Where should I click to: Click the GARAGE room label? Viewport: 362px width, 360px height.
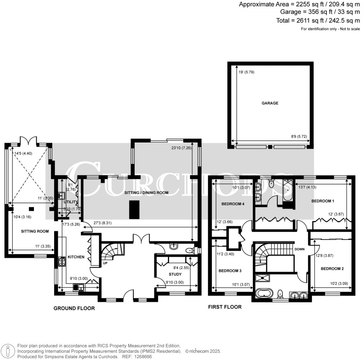click(270, 103)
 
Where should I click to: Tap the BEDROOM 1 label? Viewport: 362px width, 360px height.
click(322, 201)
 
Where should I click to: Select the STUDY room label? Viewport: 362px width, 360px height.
click(175, 274)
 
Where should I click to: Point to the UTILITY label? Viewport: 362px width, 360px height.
click(70, 202)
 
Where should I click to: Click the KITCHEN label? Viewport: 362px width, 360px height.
click(76, 257)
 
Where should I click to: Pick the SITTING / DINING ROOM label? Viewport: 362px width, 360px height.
click(146, 193)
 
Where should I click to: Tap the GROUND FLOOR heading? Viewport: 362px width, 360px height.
click(74, 308)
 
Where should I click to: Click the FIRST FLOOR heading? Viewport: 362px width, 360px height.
click(225, 307)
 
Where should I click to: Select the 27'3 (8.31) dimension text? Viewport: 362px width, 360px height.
click(103, 223)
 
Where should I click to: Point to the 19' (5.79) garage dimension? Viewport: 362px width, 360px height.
click(246, 72)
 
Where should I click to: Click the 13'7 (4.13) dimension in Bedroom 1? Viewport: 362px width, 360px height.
click(307, 187)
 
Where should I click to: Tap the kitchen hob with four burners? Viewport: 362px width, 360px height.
click(62, 262)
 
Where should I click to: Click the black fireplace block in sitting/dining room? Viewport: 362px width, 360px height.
click(134, 210)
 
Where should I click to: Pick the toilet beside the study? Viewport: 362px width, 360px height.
click(190, 250)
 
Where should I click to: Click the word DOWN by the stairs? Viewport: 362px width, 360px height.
click(299, 249)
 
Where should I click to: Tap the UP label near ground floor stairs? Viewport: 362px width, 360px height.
click(105, 263)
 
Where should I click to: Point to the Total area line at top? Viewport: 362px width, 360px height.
click(318, 21)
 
